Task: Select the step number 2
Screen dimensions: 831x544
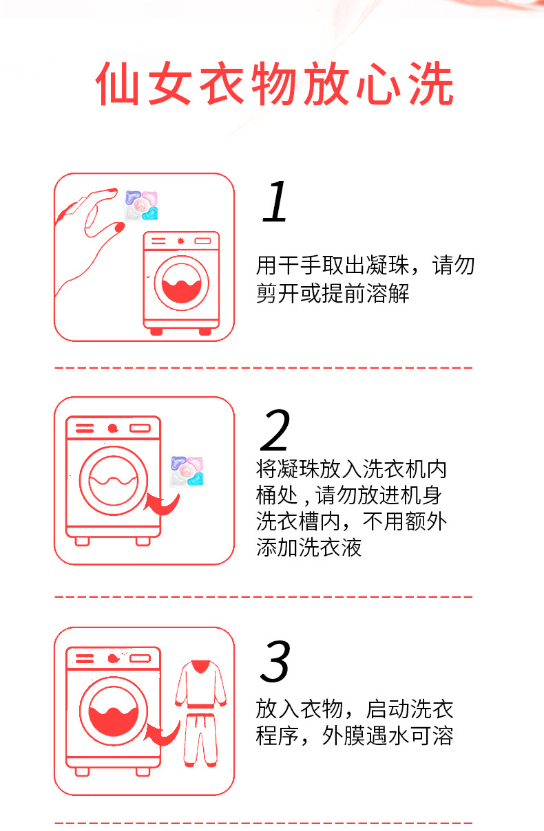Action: (275, 431)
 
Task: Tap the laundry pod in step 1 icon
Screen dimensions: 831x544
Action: (141, 204)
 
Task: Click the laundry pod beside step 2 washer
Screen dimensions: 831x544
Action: (187, 471)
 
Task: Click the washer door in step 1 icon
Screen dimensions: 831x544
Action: (181, 283)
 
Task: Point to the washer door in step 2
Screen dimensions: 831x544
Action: (113, 477)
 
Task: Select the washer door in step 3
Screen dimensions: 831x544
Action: (113, 709)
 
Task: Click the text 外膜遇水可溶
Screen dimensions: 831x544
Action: (388, 736)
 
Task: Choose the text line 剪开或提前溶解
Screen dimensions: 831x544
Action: (333, 294)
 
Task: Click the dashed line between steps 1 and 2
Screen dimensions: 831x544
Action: (264, 368)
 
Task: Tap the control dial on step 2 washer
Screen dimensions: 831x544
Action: (112, 428)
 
